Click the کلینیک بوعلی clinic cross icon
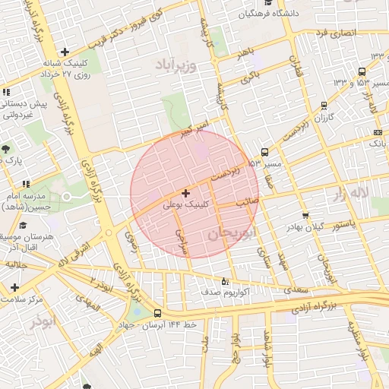pos(186,193)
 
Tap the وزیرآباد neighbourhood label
pos(177,63)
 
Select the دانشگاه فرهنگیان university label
pos(270,14)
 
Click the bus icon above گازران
pos(324,106)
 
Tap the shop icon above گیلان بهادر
pos(305,215)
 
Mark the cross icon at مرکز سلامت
pos(14,286)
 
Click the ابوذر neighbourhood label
pos(43,321)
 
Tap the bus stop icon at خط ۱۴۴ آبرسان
pos(157,313)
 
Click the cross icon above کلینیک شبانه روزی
pos(65,52)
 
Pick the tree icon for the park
pos(6,148)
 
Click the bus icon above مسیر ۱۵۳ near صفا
pos(264,151)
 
